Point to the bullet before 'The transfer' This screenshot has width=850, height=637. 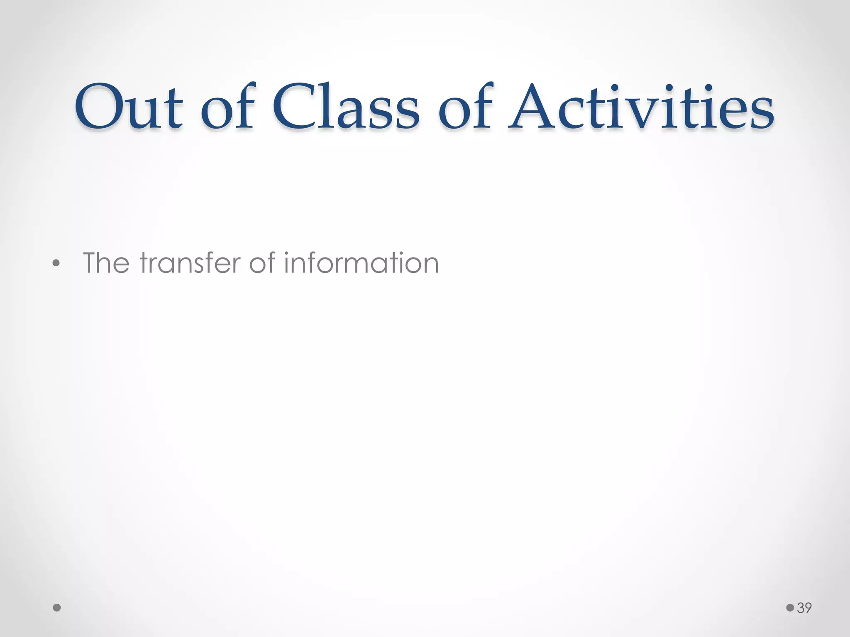click(56, 264)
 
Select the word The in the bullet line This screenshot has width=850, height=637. click(106, 263)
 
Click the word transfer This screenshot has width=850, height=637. click(190, 263)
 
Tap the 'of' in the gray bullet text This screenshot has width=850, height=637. click(263, 263)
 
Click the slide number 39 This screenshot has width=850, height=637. click(804, 608)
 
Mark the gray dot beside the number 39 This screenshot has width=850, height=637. click(790, 608)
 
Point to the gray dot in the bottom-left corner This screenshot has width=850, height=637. click(57, 608)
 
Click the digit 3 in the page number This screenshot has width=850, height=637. click(801, 608)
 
